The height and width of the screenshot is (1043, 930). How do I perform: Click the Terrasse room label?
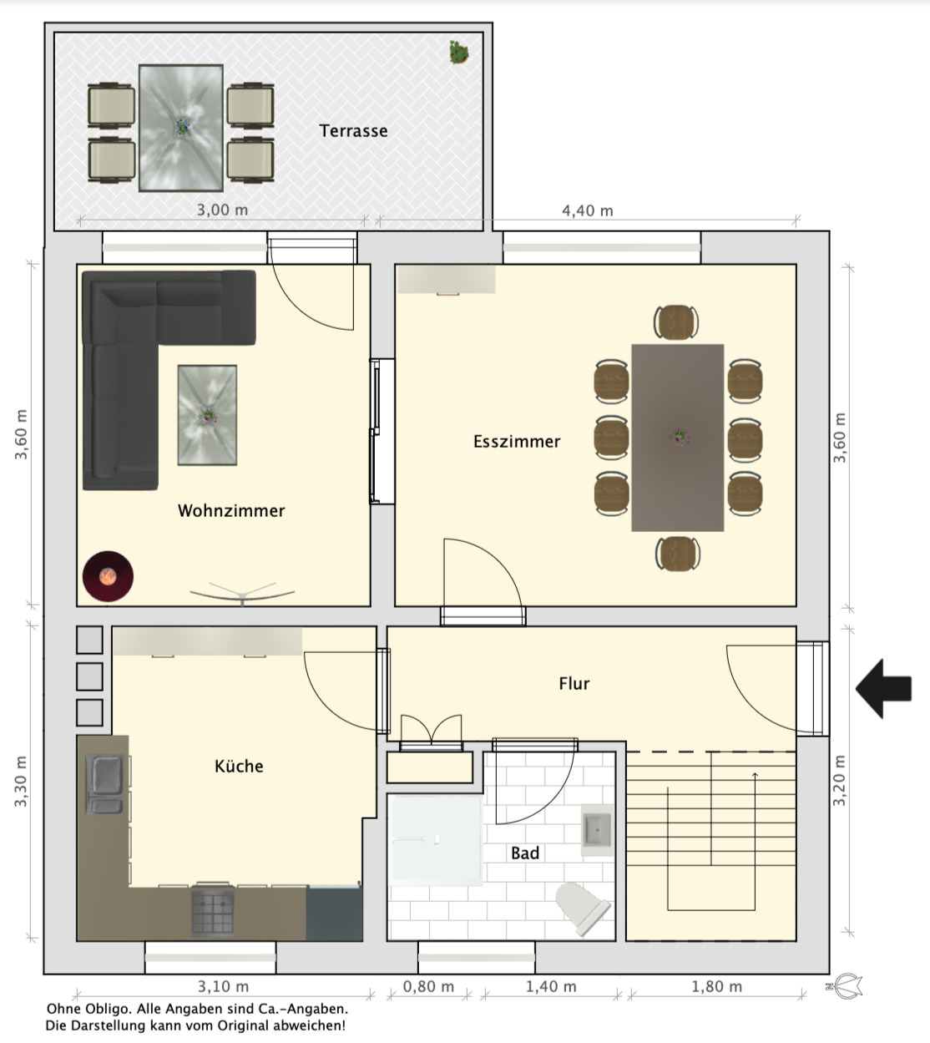(x=353, y=131)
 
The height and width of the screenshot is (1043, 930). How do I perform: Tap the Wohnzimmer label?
(x=231, y=511)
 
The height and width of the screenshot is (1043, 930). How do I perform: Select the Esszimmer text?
(x=517, y=441)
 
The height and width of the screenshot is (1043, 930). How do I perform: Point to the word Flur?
(x=574, y=683)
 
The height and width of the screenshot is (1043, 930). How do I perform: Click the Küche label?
(x=239, y=766)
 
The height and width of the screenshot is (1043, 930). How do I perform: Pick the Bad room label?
(x=525, y=853)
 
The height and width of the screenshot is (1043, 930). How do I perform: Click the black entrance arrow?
(x=883, y=688)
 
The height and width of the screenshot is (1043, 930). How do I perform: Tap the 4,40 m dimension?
(x=587, y=210)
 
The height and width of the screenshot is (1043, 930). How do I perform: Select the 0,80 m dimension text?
(x=428, y=986)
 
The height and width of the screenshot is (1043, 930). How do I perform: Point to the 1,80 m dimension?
(x=716, y=986)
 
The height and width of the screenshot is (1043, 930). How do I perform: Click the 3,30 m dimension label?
(x=21, y=781)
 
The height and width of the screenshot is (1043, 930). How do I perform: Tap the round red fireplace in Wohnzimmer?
(x=108, y=576)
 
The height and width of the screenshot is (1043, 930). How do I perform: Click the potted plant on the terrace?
(x=458, y=52)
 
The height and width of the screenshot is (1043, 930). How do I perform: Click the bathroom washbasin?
(x=597, y=830)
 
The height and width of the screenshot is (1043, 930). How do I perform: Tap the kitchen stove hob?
(x=213, y=913)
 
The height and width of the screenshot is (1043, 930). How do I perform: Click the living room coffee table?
(x=207, y=415)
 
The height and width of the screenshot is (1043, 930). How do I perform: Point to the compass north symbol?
(x=845, y=986)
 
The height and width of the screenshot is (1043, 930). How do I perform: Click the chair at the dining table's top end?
(x=676, y=322)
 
